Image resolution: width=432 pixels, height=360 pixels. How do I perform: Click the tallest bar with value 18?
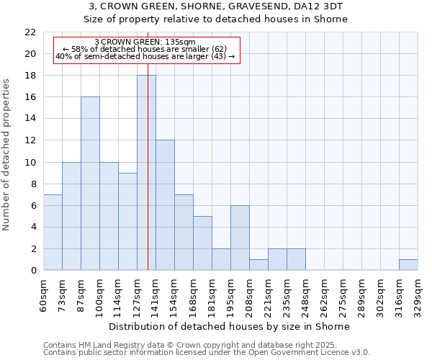click(x=146, y=173)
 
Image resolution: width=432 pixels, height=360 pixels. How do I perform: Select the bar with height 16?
click(x=90, y=184)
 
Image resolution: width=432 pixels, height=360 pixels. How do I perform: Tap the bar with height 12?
click(x=165, y=205)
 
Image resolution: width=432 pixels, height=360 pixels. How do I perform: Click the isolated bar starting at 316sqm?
click(x=408, y=265)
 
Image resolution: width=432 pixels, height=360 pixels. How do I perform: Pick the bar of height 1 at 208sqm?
click(x=258, y=265)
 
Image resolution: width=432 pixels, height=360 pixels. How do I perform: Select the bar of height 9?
click(x=127, y=222)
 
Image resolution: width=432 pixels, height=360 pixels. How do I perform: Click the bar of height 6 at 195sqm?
click(x=240, y=238)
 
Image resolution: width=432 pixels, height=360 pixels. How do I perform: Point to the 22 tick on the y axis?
click(x=30, y=32)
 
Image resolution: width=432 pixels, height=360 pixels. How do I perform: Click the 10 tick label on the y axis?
click(x=30, y=162)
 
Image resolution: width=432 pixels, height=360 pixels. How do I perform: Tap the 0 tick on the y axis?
click(x=32, y=271)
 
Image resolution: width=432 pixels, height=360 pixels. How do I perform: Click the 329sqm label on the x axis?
click(x=418, y=294)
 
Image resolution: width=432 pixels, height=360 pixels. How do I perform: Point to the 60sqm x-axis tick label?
click(x=43, y=294)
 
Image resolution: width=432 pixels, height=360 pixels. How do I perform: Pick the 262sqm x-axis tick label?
click(x=324, y=294)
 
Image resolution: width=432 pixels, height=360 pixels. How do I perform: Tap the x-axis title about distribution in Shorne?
click(x=230, y=326)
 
